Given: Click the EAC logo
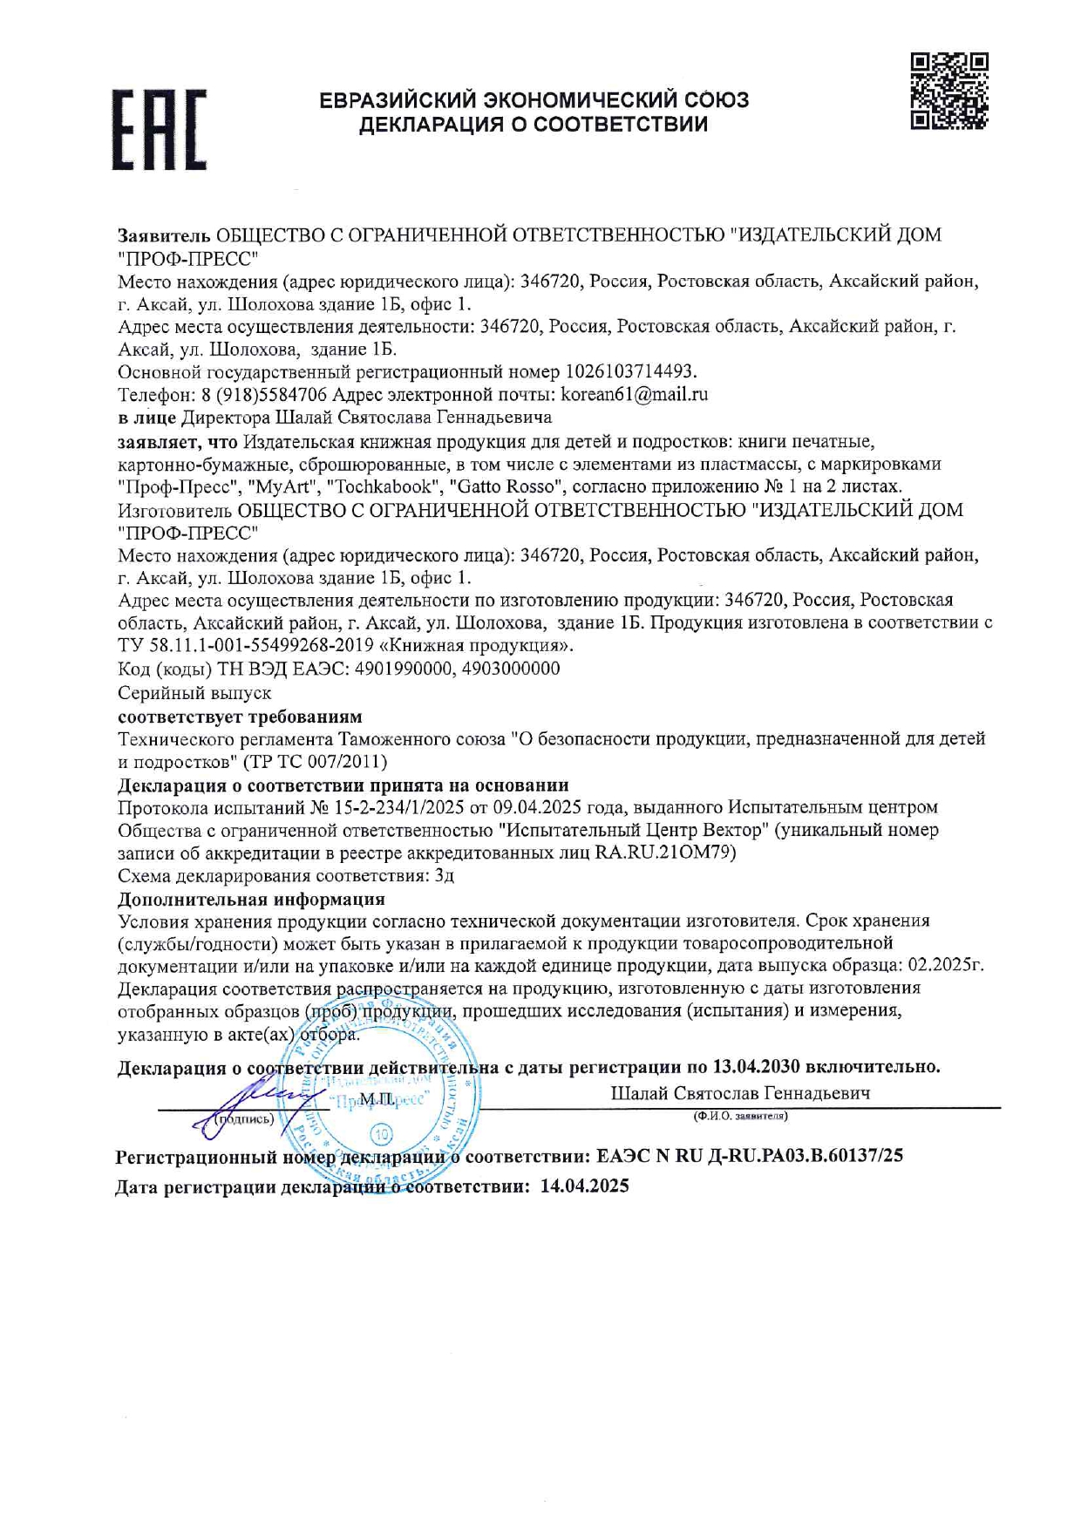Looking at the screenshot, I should coord(159,129).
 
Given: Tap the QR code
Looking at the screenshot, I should coord(948,92).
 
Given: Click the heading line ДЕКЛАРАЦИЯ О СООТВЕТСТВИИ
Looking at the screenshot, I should coord(534,125).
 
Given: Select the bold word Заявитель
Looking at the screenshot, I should coord(164,235).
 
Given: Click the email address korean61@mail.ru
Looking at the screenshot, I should coord(634,394).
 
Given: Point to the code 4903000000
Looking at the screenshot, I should coord(511,669).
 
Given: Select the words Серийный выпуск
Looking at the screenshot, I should coord(194,693).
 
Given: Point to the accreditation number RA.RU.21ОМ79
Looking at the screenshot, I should coord(665,853).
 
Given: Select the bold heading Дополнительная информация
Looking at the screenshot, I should coord(251,899).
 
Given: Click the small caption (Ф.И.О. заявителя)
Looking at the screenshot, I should coord(740,1116).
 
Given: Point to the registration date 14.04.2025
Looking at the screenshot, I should coord(584,1186).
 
